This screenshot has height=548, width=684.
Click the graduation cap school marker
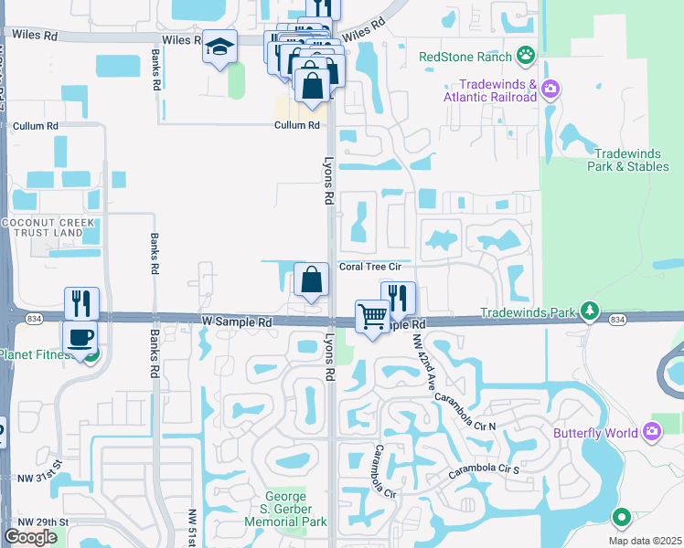coord(219,47)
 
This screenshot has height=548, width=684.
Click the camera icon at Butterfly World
coord(652,430)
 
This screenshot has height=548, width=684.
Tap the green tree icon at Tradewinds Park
coord(592,311)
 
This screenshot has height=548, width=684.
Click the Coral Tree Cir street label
coord(370,268)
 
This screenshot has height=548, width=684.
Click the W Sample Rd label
coord(237,322)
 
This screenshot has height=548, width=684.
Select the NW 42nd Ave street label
coord(422,364)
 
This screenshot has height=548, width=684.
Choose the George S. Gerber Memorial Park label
coord(285,509)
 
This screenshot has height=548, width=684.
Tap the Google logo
coord(30,537)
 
